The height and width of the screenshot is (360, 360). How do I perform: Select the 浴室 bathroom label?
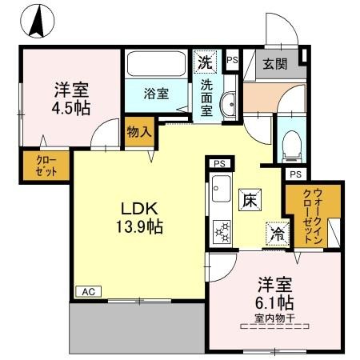click(155, 94)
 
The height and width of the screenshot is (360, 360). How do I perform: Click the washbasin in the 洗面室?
click(227, 102)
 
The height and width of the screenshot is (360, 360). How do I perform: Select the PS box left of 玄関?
click(232, 59)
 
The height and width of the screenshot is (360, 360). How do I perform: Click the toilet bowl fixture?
click(291, 143)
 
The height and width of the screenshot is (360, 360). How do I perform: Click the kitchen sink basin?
click(219, 194)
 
